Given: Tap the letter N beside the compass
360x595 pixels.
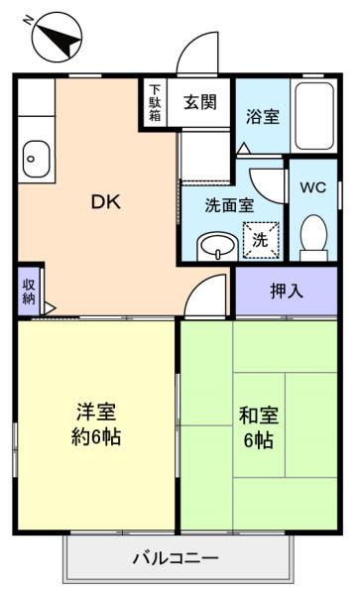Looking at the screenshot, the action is click(x=28, y=20).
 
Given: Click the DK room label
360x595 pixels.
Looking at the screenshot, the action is click(x=106, y=202).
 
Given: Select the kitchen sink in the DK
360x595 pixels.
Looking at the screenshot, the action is click(x=36, y=159).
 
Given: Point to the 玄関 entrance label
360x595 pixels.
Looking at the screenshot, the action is click(x=200, y=102).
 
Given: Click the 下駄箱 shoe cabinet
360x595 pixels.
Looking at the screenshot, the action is click(x=155, y=103).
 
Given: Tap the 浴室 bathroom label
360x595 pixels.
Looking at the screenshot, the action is click(x=263, y=116).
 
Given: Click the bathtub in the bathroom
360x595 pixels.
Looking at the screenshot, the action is click(x=314, y=116).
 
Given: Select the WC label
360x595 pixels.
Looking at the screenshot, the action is click(x=313, y=187).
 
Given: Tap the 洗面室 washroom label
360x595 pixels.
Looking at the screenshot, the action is click(x=229, y=205).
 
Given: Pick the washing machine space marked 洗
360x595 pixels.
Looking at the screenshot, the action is click(x=261, y=240).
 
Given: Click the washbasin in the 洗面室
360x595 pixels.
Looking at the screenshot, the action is click(x=217, y=247).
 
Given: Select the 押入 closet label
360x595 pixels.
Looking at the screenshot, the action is click(x=287, y=291).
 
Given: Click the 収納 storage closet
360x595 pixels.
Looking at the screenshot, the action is click(x=29, y=292).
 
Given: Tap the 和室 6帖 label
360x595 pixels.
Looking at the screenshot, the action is click(x=259, y=427).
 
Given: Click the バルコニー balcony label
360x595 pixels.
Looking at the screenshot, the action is click(x=176, y=558).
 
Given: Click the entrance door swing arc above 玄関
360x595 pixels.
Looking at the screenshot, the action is click(x=194, y=45).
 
